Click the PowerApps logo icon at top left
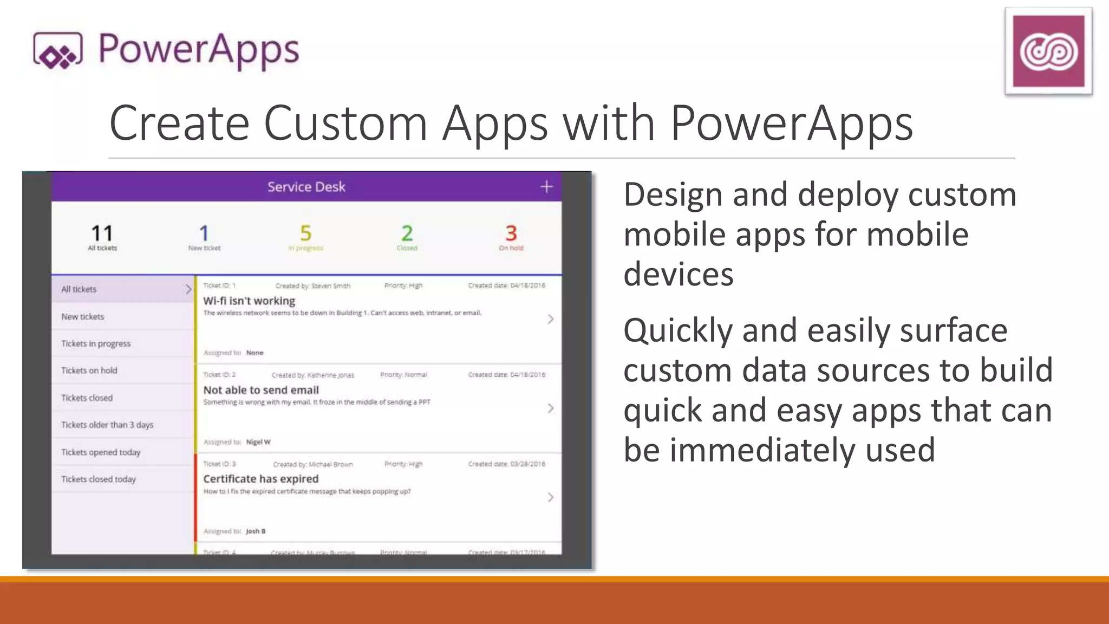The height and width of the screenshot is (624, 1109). pos(57,51)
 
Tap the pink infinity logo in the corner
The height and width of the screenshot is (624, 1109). pos(1048,51)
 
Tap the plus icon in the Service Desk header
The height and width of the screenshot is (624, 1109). pos(546,187)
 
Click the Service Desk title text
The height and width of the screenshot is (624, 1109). pos(306,187)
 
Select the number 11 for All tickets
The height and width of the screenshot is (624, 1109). pos(102,233)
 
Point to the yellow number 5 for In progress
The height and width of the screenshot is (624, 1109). pos(305,233)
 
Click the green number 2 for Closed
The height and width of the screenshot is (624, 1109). pos(407,233)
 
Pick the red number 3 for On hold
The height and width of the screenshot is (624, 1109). pos(511,233)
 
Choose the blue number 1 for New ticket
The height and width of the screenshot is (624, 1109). pos(204,233)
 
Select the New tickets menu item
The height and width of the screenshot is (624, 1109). pos(82,316)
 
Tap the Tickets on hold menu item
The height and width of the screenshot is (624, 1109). pos(89,370)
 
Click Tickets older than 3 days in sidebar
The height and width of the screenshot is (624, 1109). pos(107,425)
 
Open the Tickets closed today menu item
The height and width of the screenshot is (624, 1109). pos(99,479)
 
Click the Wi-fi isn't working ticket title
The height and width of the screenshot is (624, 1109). pos(249,301)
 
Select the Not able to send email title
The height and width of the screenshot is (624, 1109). pos(261,390)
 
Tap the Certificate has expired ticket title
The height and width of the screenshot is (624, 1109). pos(261,479)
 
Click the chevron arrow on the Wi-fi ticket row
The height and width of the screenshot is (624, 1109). pos(550,319)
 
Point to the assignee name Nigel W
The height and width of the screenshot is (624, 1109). pos(258,442)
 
